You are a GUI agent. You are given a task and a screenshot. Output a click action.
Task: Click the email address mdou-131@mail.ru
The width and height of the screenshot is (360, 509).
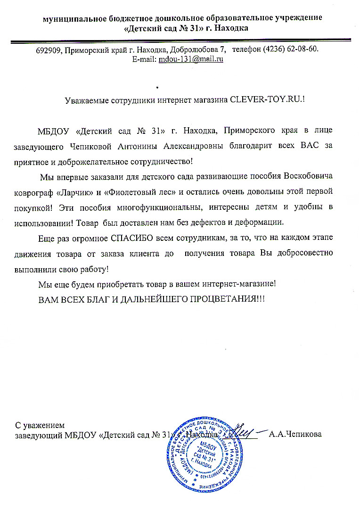click(x=191, y=59)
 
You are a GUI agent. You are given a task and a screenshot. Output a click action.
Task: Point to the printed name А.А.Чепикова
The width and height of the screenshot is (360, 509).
click(x=295, y=435)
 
